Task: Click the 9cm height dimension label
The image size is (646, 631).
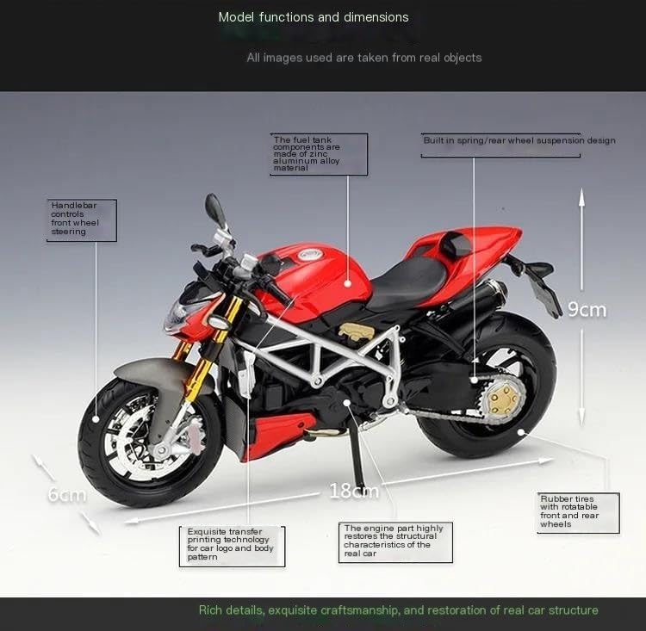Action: click(587, 309)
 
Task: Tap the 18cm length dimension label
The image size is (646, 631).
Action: click(354, 490)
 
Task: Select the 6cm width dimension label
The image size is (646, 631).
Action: click(67, 494)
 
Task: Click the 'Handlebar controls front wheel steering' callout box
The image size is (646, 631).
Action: click(82, 220)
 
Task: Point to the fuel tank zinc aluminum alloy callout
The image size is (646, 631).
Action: click(319, 154)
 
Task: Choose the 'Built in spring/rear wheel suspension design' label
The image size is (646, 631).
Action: click(519, 140)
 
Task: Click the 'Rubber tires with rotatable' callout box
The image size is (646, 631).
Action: click(579, 513)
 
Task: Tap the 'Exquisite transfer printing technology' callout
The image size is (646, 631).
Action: click(232, 546)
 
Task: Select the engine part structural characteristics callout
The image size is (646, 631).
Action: click(395, 542)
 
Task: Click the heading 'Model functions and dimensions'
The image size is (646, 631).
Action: click(314, 17)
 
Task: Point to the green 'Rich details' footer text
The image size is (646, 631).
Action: click(399, 610)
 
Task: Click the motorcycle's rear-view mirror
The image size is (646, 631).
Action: click(215, 208)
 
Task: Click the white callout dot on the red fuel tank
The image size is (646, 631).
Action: click(348, 283)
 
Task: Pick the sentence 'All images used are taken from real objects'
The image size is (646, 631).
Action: click(364, 58)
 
